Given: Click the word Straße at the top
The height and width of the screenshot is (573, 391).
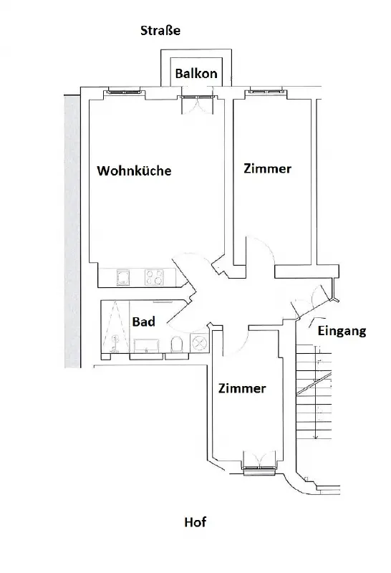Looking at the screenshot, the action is [x=160, y=30].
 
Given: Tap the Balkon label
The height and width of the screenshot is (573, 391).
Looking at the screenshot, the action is [x=196, y=74].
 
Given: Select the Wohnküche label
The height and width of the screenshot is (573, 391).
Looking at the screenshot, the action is [x=134, y=170].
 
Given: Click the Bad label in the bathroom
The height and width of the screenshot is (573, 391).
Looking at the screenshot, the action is [x=144, y=322].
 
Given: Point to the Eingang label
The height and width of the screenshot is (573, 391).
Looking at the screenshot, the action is [x=342, y=331].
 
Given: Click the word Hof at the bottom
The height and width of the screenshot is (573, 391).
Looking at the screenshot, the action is [x=195, y=522].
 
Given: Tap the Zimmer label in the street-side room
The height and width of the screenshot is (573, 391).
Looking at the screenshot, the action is [x=268, y=168].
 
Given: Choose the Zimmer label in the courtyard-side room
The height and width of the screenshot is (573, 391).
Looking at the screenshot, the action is [x=242, y=388].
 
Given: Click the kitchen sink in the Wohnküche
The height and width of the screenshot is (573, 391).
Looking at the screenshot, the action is [x=122, y=277].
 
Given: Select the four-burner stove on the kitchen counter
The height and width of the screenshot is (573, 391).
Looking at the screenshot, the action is [x=154, y=277].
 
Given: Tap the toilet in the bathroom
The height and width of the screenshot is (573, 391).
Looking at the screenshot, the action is [x=176, y=345].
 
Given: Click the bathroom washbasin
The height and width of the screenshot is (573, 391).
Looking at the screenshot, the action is [x=146, y=346].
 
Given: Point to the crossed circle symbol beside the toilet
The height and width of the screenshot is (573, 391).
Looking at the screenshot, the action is [x=199, y=344].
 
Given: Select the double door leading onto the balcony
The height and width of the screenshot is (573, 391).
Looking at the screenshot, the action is [x=197, y=105].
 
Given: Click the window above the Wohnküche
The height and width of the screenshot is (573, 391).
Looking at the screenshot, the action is [x=124, y=91].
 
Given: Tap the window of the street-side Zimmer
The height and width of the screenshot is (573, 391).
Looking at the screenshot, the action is [x=266, y=91].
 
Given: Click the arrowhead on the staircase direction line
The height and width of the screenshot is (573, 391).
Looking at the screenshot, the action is [x=317, y=436].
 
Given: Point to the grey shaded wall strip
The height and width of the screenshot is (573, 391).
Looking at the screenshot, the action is [x=72, y=231].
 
